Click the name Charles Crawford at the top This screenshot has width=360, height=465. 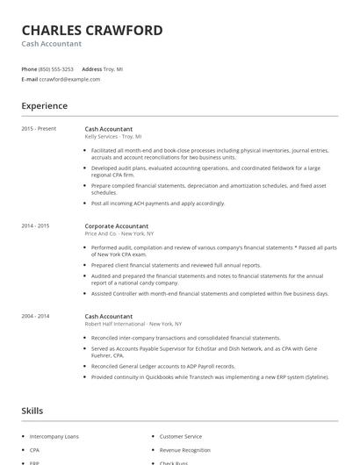(92, 31)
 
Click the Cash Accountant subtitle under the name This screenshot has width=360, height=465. (52, 44)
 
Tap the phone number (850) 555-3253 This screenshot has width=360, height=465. (56, 68)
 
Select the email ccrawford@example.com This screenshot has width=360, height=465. (69, 79)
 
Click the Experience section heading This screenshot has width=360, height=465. (44, 106)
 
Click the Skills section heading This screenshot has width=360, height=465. (32, 410)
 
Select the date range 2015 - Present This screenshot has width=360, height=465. (39, 129)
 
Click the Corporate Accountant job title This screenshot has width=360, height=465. (117, 226)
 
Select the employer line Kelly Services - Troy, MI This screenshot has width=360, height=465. (113, 137)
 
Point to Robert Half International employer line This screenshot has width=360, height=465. (128, 324)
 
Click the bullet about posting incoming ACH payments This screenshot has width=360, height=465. (158, 203)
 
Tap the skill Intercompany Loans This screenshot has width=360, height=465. (54, 436)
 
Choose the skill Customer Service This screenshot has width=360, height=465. (180, 436)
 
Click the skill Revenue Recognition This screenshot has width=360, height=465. (184, 450)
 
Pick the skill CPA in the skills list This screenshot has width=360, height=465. (35, 450)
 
